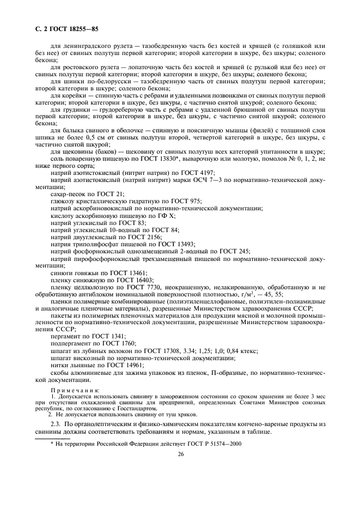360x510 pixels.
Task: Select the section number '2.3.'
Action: (57, 423)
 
